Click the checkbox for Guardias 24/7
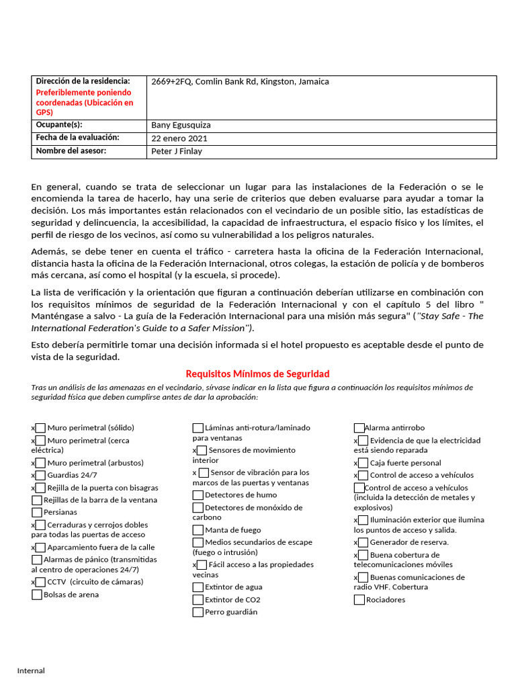(40, 475)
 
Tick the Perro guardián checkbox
(198, 612)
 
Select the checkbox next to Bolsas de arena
(36, 595)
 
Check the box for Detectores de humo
(198, 495)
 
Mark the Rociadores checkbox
(359, 599)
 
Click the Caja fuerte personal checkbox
(363, 463)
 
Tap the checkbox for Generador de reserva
(363, 542)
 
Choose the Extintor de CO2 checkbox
(198, 599)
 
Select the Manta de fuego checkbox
(198, 530)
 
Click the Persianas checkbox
(36, 512)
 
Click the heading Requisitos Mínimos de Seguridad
(257, 374)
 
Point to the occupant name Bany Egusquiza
(181, 125)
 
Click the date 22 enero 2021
(179, 138)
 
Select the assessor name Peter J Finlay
(177, 151)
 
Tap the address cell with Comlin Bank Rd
(241, 82)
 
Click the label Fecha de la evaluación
(77, 138)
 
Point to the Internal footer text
(31, 671)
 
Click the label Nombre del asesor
(71, 150)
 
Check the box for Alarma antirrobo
(359, 428)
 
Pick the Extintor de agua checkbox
(198, 587)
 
